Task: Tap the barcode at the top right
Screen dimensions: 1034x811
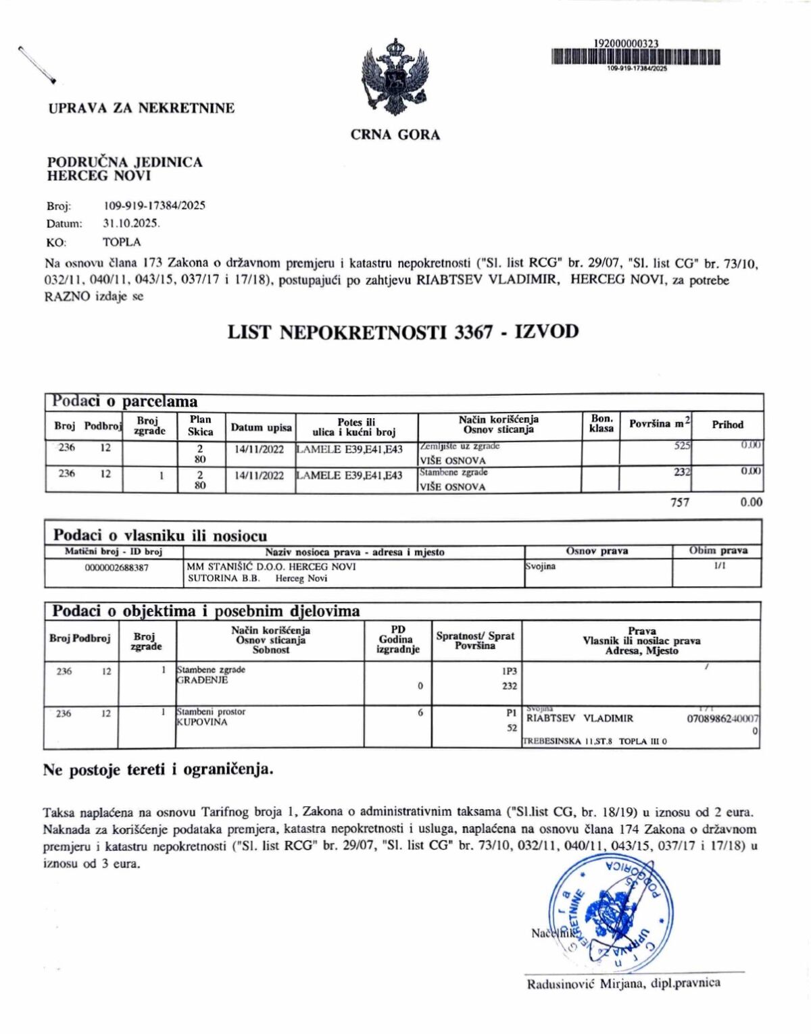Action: click(635, 57)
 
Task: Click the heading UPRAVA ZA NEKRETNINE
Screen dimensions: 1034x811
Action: click(141, 108)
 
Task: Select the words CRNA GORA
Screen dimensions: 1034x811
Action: click(395, 135)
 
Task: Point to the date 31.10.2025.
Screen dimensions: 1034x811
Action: click(131, 224)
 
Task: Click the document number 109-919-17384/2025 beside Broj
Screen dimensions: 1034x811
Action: click(155, 205)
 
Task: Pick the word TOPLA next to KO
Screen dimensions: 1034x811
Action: click(122, 242)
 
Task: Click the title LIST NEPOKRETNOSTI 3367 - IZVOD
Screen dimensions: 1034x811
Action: click(403, 332)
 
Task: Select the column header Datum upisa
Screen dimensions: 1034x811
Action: click(261, 428)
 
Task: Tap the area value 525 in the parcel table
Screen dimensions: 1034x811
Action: click(682, 446)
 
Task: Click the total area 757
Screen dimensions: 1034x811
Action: click(680, 502)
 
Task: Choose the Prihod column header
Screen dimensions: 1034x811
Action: click(727, 425)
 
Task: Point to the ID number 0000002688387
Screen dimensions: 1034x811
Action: click(116, 567)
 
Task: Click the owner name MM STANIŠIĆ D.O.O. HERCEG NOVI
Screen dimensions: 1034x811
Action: click(271, 567)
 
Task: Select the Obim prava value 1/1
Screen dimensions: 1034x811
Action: click(719, 566)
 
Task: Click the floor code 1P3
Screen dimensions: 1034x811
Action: click(509, 671)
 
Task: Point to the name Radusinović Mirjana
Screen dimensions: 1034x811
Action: click(586, 983)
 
